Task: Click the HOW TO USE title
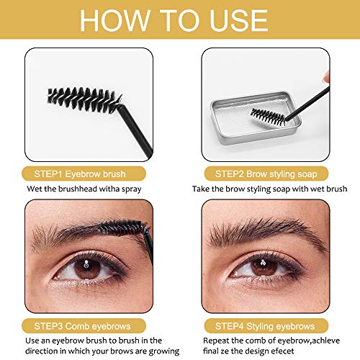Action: click(180, 22)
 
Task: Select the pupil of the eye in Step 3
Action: click(86, 267)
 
